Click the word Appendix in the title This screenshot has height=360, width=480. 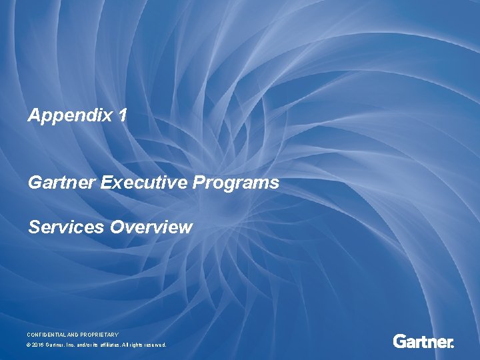(x=70, y=116)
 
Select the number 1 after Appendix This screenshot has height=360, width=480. (x=121, y=115)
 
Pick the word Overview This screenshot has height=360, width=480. (x=151, y=227)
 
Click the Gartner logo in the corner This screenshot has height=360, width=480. (x=423, y=342)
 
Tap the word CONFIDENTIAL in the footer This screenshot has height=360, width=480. (x=49, y=334)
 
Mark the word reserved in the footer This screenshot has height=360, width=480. (x=154, y=345)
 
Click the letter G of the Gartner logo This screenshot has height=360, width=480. (x=399, y=342)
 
